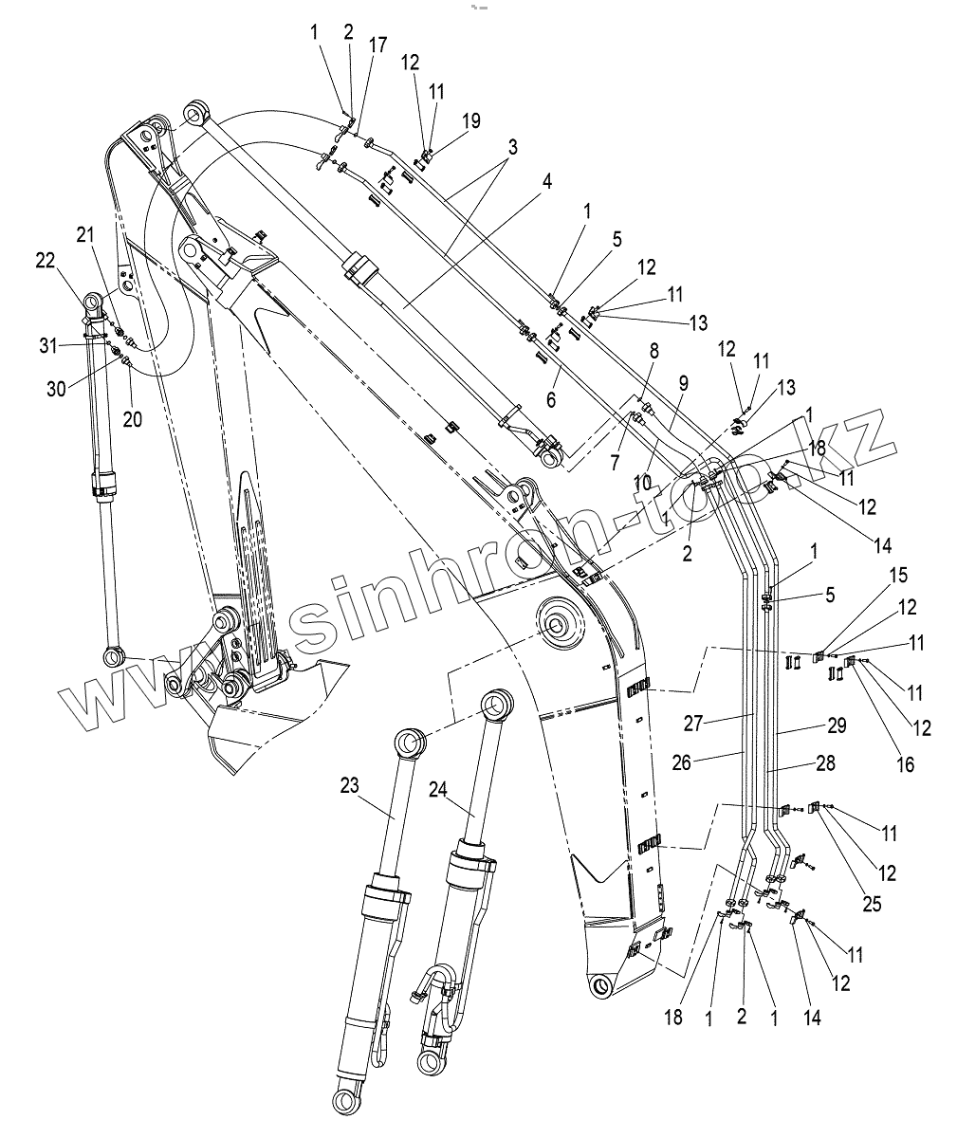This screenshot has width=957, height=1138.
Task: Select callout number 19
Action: [x=471, y=121]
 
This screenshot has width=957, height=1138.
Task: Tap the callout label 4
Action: [x=547, y=182]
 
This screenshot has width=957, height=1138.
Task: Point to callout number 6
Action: [x=552, y=400]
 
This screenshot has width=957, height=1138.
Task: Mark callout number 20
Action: [x=133, y=418]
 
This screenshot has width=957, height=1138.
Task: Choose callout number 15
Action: [x=898, y=577]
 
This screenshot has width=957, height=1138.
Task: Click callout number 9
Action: [x=685, y=383]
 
